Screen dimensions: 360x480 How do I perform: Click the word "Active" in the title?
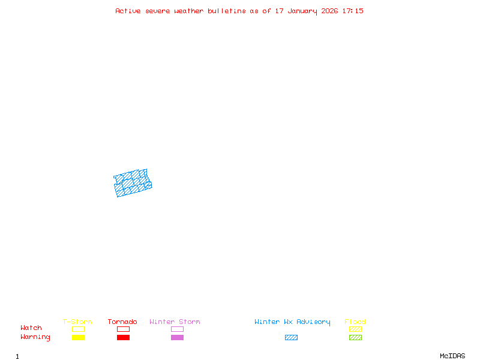pyautogui.click(x=128, y=11)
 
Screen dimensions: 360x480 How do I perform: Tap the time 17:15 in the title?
pyautogui.click(x=353, y=11)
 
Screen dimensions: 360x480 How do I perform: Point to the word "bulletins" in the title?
pyautogui.click(x=227, y=11)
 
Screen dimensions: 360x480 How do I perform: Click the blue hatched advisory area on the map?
pyautogui.click(x=133, y=183)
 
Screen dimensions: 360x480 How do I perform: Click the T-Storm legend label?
pyautogui.click(x=77, y=322)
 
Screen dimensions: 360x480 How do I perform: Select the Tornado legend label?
pyautogui.click(x=122, y=322)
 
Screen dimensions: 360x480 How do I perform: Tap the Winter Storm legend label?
pyautogui.click(x=175, y=322)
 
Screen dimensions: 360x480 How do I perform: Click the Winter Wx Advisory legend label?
pyautogui.click(x=292, y=322)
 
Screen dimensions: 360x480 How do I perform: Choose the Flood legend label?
pyautogui.click(x=355, y=322)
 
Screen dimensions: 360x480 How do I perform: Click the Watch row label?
pyautogui.click(x=31, y=328)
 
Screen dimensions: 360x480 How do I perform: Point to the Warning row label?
pyautogui.click(x=35, y=337)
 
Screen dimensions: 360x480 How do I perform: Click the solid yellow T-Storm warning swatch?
pyautogui.click(x=78, y=338)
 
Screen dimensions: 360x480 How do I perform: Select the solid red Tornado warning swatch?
pyautogui.click(x=123, y=338)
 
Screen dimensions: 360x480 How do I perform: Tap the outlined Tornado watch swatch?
pyautogui.click(x=123, y=329)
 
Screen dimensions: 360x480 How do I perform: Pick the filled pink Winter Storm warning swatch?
pyautogui.click(x=177, y=338)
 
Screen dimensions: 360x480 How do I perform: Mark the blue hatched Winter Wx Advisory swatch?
pyautogui.click(x=291, y=338)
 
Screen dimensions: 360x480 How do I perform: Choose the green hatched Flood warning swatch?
pyautogui.click(x=355, y=338)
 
